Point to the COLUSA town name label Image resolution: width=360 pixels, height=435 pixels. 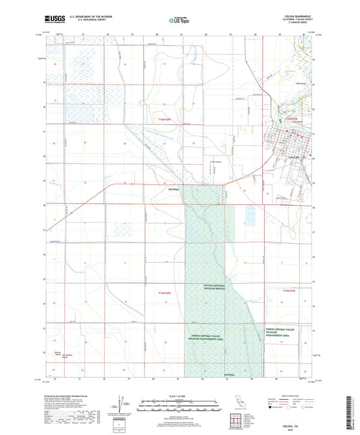tap(293, 157)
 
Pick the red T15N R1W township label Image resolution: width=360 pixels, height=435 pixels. tap(291, 290)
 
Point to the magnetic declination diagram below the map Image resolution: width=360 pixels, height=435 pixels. tap(122, 405)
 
